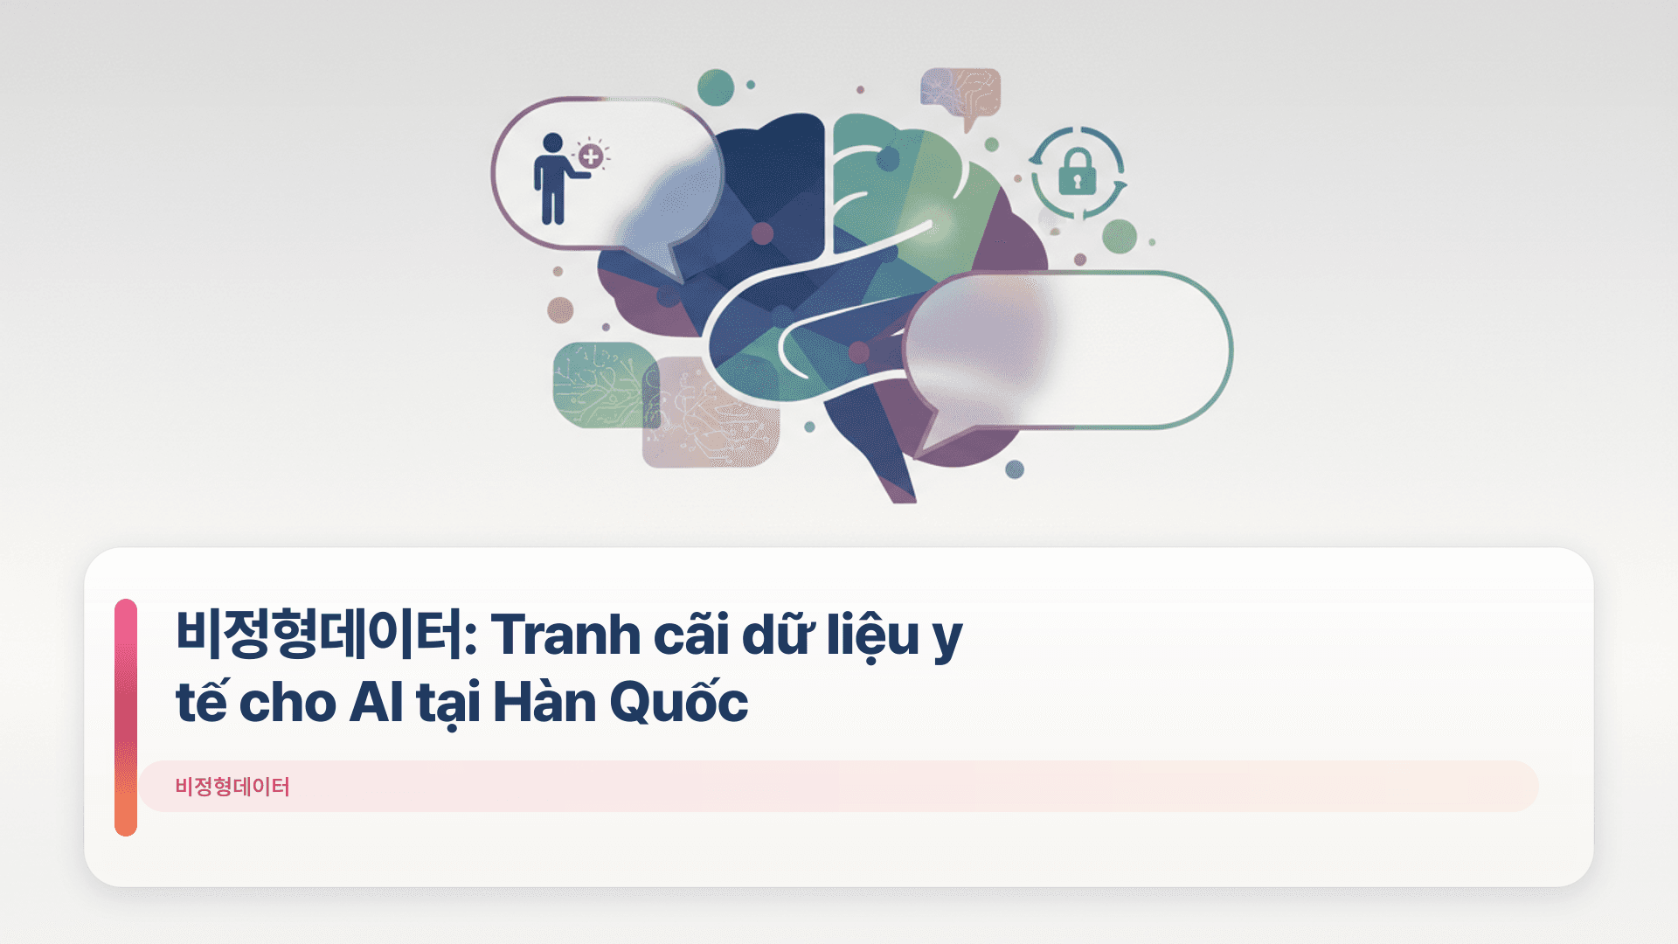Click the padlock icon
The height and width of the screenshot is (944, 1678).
(x=1077, y=172)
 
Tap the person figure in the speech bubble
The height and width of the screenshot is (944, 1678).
(x=552, y=179)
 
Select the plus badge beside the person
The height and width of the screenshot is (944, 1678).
(x=591, y=157)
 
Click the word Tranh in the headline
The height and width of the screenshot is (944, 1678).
(x=565, y=635)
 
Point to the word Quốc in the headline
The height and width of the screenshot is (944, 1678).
(x=678, y=703)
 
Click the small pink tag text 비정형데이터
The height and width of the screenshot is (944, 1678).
(x=232, y=787)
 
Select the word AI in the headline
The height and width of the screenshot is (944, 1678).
(x=376, y=703)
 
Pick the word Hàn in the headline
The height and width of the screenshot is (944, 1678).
(x=544, y=703)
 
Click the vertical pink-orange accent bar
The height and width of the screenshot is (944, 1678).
(x=126, y=717)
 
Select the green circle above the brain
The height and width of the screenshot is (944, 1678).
(x=716, y=87)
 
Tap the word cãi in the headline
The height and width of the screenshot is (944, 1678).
(x=690, y=635)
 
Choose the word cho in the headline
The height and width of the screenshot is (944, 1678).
(x=287, y=703)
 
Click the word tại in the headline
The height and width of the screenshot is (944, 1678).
(x=448, y=703)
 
